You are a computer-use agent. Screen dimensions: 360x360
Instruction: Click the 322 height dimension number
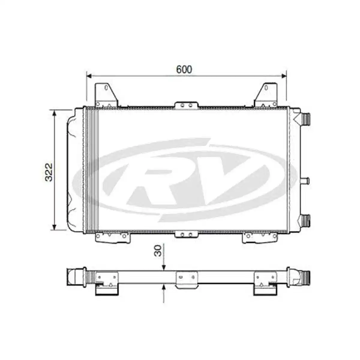point(49,172)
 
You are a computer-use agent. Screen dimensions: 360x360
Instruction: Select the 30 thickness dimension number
point(158,250)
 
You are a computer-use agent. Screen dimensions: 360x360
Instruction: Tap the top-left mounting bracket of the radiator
point(106,94)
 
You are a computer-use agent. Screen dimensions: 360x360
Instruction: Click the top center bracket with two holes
point(186,105)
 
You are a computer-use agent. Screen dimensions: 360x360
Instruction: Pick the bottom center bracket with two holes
point(186,234)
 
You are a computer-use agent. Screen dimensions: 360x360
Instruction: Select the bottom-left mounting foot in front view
point(112,237)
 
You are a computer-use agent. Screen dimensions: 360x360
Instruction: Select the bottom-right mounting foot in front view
point(260,237)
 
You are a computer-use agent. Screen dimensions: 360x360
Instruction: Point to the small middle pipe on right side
point(305,181)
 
